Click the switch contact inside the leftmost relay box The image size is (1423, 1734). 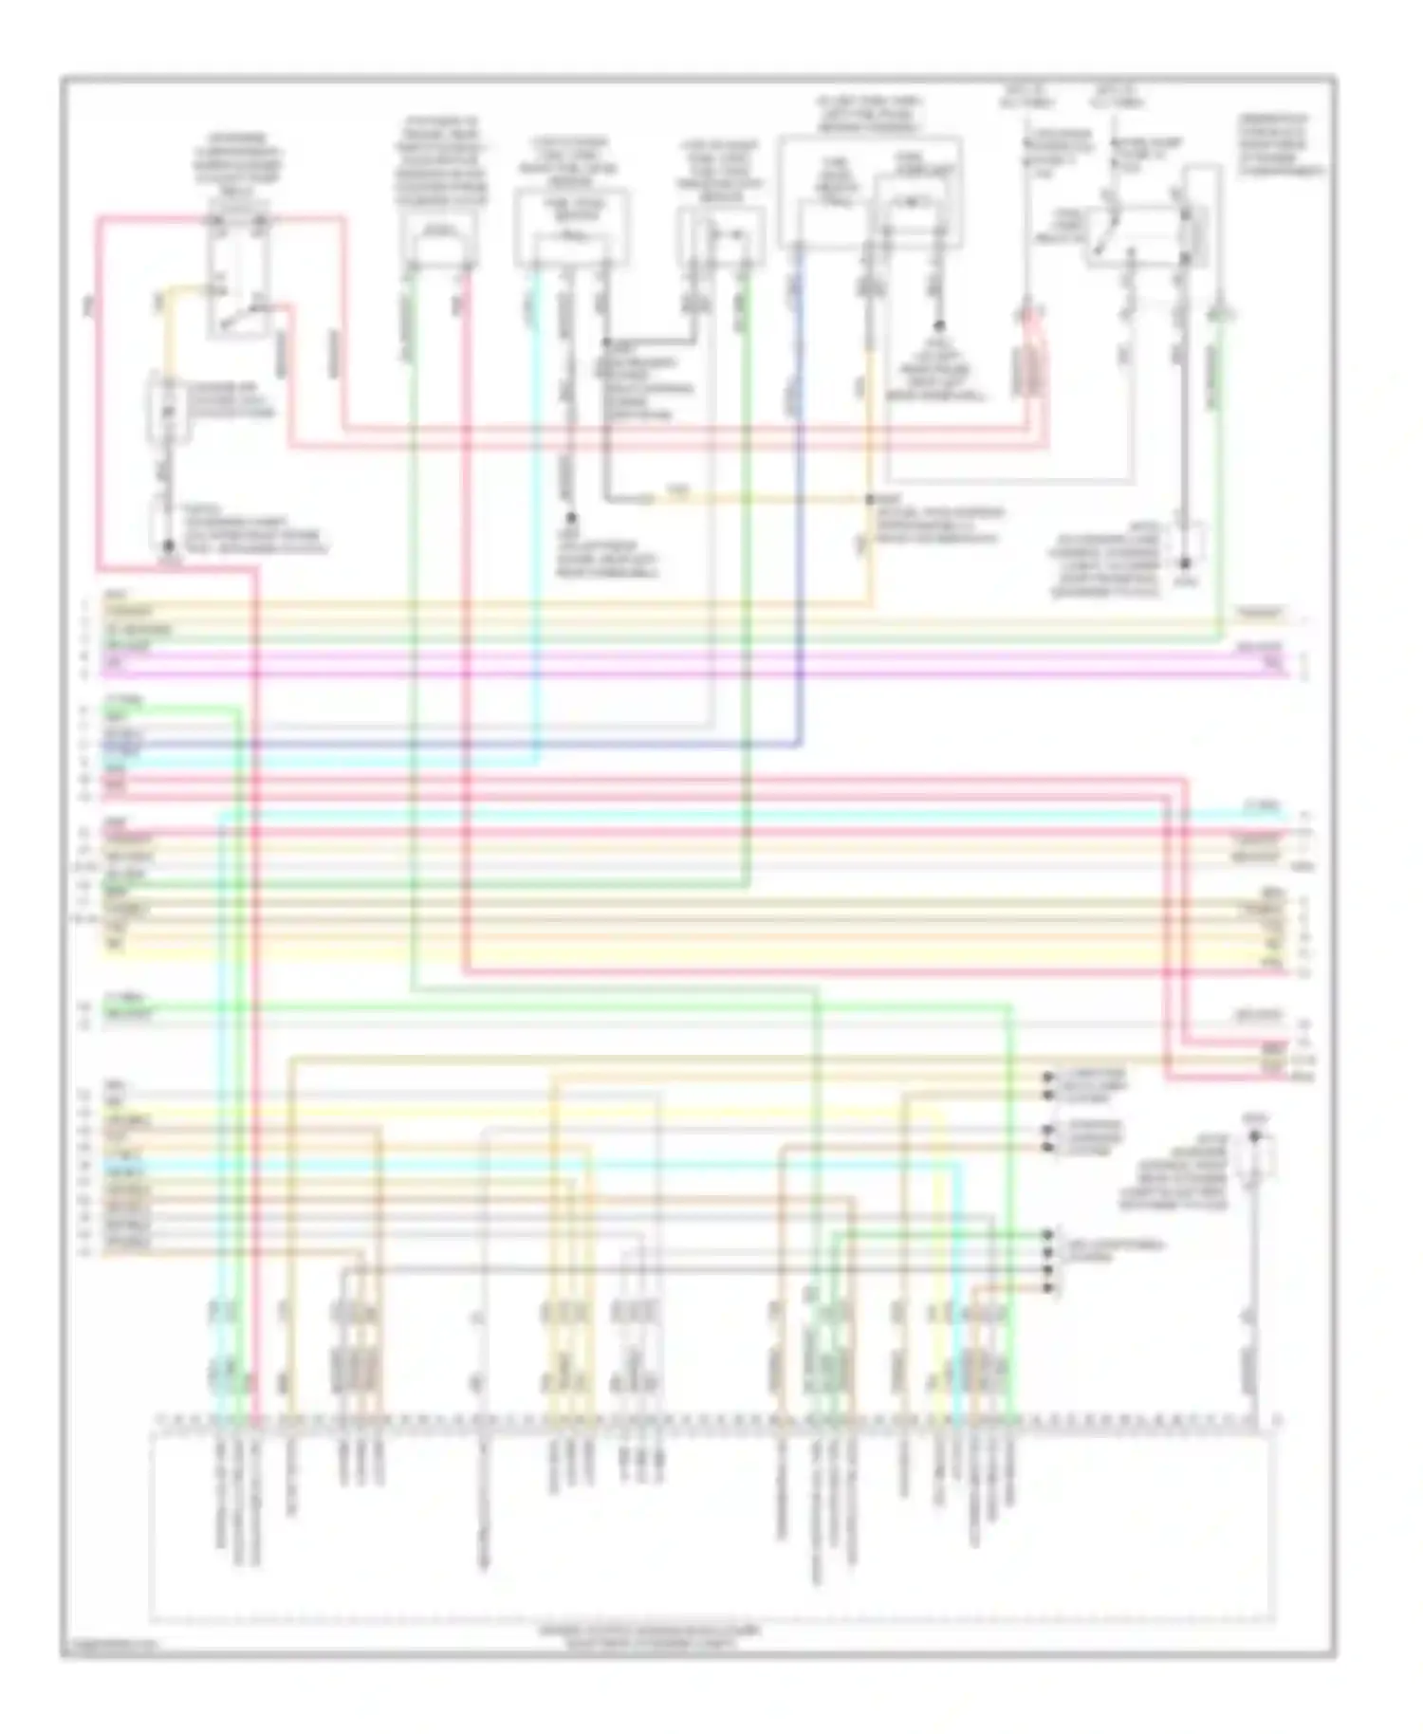237,318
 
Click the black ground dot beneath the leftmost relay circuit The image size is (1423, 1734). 168,547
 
